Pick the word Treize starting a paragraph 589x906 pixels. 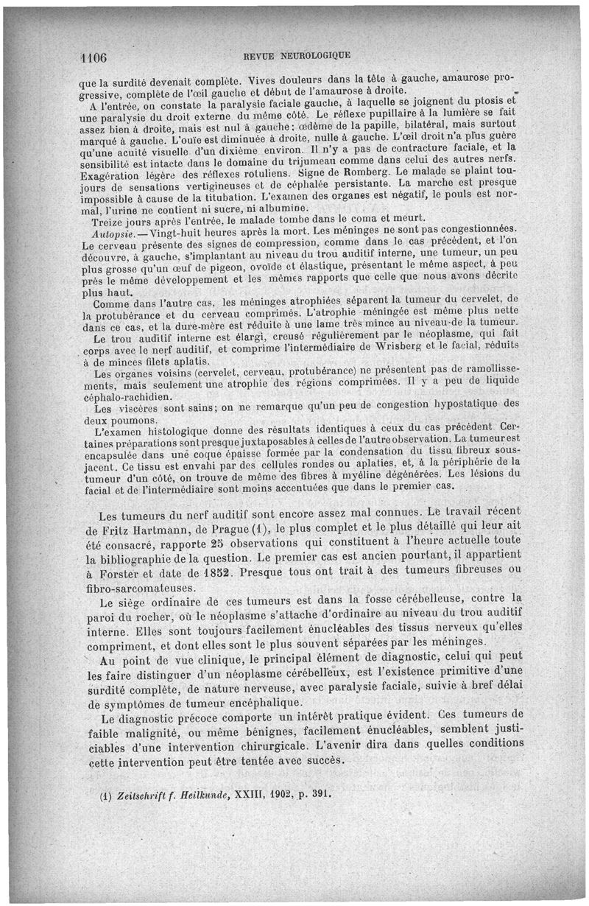105,220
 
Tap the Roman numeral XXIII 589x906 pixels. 250,795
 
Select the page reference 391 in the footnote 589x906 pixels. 322,795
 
